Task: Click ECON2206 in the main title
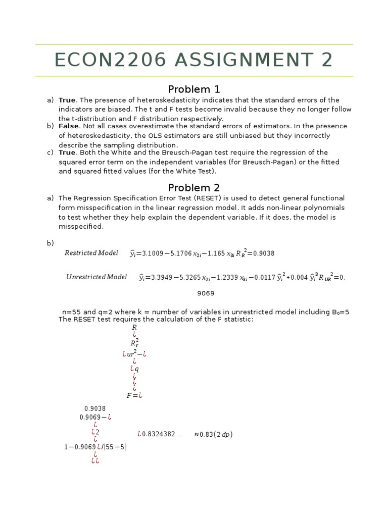(x=110, y=60)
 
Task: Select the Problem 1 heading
(x=194, y=89)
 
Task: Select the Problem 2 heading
(x=194, y=188)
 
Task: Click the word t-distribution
(x=93, y=119)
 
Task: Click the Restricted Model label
(x=91, y=253)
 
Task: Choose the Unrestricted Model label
(x=96, y=277)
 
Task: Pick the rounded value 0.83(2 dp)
(x=213, y=434)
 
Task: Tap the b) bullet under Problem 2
(x=50, y=243)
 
